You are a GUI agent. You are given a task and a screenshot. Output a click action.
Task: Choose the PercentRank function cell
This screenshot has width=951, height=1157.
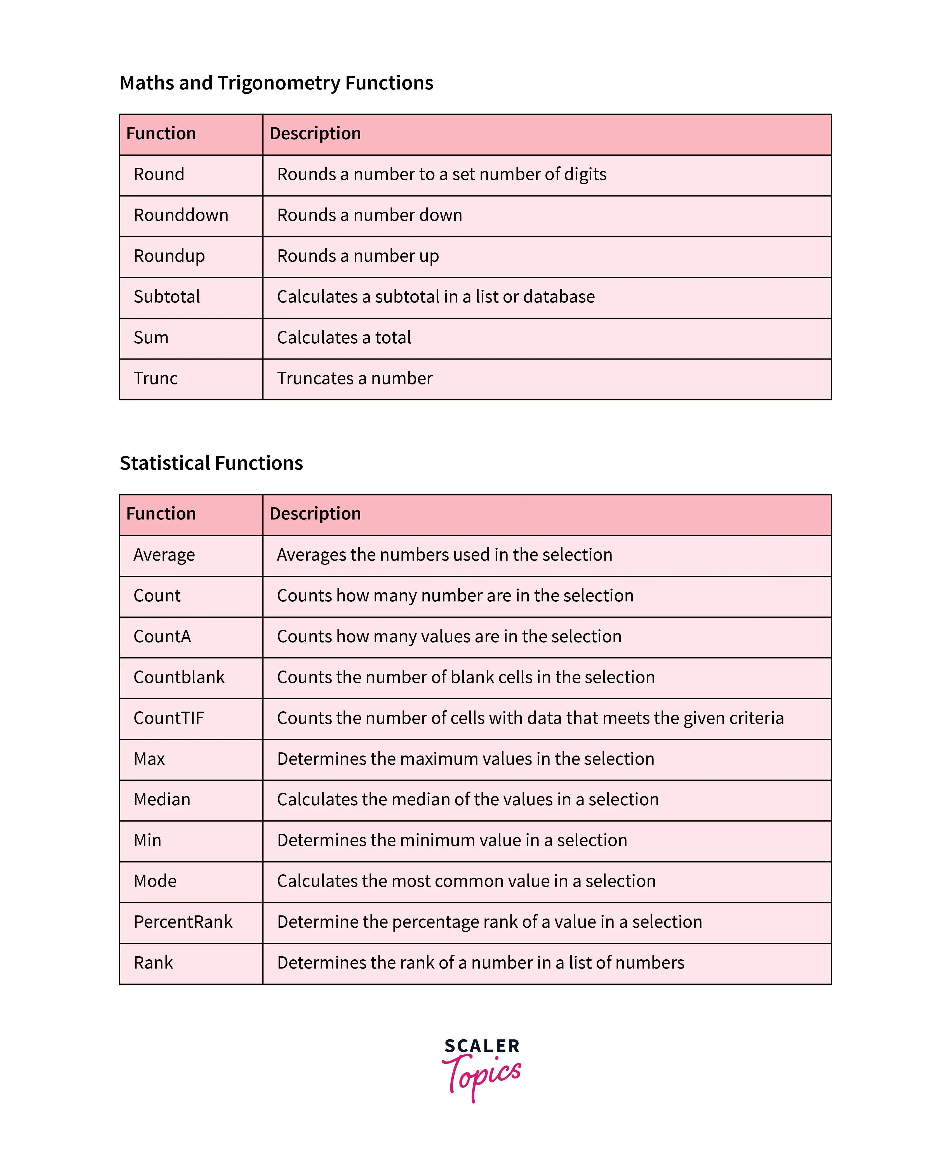[x=183, y=922]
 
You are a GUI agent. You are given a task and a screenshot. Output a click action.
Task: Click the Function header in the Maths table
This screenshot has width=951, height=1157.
[x=161, y=134]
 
